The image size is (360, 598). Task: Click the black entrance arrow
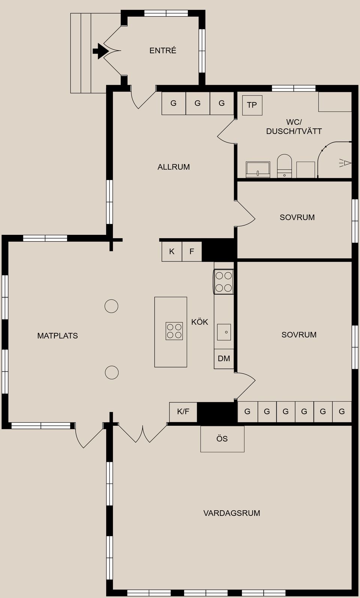100,51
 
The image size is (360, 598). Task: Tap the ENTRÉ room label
163,51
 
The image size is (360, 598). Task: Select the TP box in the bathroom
252,105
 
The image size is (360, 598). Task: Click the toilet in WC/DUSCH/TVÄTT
285,166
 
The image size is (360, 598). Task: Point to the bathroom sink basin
258,170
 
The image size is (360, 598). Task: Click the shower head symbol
345,163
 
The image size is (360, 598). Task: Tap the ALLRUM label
174,167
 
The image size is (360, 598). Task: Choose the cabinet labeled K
172,251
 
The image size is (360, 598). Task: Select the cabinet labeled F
192,251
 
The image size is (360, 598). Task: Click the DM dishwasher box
224,359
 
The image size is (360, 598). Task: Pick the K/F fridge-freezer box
183,412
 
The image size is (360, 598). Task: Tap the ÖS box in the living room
222,439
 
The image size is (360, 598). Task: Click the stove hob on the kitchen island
174,331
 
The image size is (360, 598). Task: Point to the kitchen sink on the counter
224,332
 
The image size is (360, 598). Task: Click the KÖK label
199,322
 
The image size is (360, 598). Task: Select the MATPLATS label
58,336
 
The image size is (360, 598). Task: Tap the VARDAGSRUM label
232,513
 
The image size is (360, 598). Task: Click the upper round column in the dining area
111,306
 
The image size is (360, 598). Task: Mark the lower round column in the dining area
111,373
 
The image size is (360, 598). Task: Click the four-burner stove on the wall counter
223,282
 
